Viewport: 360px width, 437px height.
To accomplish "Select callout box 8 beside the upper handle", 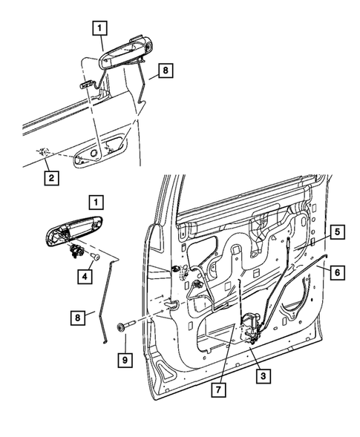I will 166,72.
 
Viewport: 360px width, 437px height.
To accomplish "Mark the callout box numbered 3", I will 261,377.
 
